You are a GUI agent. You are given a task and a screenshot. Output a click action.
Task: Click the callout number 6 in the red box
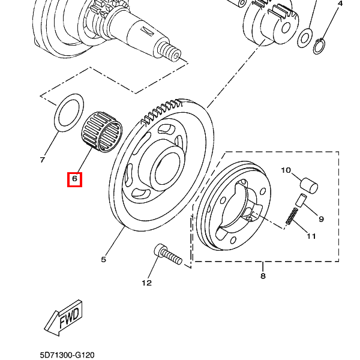[74, 178]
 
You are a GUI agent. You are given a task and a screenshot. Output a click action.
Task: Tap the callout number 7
[42, 160]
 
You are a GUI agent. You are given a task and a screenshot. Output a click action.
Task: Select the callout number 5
[104, 260]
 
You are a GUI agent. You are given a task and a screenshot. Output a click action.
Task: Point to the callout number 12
[147, 283]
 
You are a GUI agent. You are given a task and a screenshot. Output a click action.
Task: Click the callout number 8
[263, 276]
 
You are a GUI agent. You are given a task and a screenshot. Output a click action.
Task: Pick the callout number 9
[322, 219]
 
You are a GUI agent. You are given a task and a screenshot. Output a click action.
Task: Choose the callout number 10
[286, 170]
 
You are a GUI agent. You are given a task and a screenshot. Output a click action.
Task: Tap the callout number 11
[311, 236]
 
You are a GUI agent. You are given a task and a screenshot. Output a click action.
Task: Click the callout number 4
[340, 4]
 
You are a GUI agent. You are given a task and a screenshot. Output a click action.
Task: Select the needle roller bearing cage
[102, 131]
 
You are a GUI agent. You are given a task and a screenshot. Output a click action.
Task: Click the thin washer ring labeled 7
[69, 113]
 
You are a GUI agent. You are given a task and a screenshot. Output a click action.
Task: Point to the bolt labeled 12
[168, 254]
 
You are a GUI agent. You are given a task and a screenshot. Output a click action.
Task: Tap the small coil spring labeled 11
[292, 215]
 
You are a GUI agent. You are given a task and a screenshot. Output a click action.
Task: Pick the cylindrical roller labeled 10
[309, 185]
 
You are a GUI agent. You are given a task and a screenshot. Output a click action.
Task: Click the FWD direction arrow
[63, 317]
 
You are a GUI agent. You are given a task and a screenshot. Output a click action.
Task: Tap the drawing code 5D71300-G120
[67, 355]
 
